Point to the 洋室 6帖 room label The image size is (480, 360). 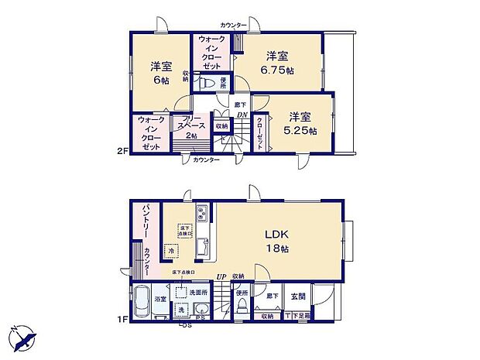[x=161, y=73]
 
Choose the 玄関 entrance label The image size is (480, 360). [x=299, y=295]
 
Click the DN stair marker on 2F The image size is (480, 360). [x=242, y=115]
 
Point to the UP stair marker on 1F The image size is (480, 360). [x=221, y=276]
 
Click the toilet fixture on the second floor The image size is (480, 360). [x=206, y=82]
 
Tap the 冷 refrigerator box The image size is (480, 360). [x=170, y=250]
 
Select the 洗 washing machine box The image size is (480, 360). [x=181, y=309]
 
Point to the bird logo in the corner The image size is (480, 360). [x=23, y=338]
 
